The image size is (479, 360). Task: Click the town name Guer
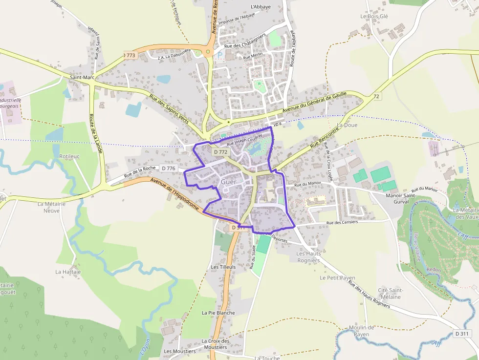point(228,182)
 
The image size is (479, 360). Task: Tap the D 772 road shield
point(220,152)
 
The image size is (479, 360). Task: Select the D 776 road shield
point(168,169)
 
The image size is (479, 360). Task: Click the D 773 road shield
point(129,55)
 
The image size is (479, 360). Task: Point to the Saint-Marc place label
point(82,77)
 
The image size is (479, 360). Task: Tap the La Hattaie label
point(68,272)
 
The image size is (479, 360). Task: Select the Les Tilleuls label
point(223,267)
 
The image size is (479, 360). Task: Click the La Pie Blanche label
point(218,313)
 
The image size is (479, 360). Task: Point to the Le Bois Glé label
point(374,16)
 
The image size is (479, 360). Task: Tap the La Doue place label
point(347,125)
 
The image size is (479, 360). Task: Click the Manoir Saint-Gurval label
point(401,198)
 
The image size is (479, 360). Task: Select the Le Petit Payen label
point(337,277)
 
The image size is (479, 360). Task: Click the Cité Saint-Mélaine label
point(390,294)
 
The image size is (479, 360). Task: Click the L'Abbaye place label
point(260,7)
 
